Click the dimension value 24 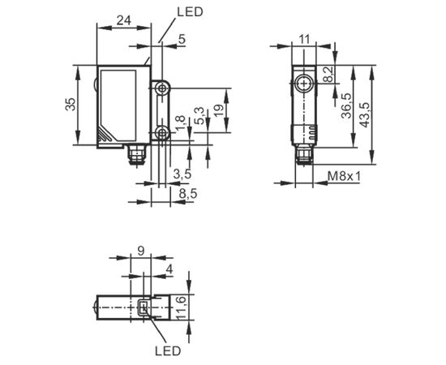tap(124, 21)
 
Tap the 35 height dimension tap(71, 104)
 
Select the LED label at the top tap(190, 12)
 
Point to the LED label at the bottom tap(168, 350)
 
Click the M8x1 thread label tap(344, 176)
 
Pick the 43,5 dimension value tap(364, 114)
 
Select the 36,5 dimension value tap(347, 105)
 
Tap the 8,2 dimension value tap(329, 75)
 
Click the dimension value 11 tap(304, 39)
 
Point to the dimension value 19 tap(218, 110)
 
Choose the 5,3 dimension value tap(199, 116)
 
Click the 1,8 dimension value tap(180, 124)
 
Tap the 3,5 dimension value tap(182, 174)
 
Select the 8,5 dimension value tap(188, 194)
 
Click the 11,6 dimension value tap(182, 308)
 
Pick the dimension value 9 tap(141, 251)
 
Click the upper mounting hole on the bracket tap(162, 88)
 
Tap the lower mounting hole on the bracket tap(162, 132)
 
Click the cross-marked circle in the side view tap(304, 84)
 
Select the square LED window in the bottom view tap(144, 307)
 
